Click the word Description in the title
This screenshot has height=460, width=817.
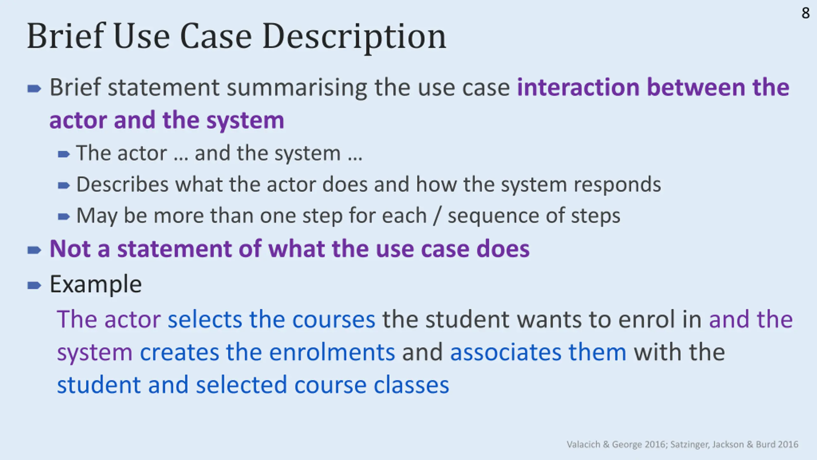pos(354,37)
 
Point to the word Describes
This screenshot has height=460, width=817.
pos(122,185)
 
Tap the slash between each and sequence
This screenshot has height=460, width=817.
pos(437,216)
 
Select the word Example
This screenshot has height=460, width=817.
pos(95,284)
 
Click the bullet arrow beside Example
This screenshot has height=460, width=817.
pos(34,285)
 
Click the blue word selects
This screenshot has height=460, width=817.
pos(205,319)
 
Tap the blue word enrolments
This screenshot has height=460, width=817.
pos(332,352)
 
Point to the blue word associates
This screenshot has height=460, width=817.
pos(506,352)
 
